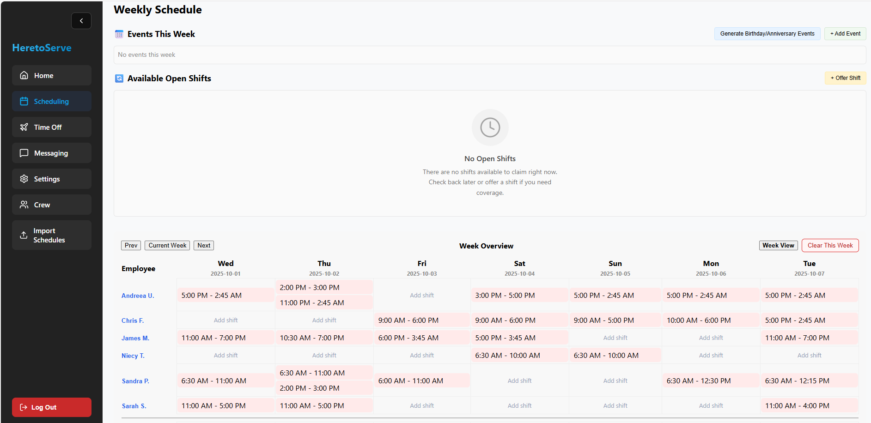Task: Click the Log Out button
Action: click(x=51, y=407)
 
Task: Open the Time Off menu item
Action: click(x=51, y=127)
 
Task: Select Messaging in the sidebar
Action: click(x=51, y=153)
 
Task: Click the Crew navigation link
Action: click(x=51, y=205)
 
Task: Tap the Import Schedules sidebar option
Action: click(x=51, y=235)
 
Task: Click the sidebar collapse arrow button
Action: click(x=81, y=21)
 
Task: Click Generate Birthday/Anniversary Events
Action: click(x=767, y=34)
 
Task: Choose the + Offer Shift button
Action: click(x=845, y=78)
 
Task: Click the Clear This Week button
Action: click(x=830, y=246)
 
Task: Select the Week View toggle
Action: click(x=778, y=246)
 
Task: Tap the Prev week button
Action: click(x=131, y=246)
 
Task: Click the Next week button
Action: click(x=204, y=246)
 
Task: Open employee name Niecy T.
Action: click(x=133, y=356)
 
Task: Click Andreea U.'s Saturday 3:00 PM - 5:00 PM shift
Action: click(x=519, y=296)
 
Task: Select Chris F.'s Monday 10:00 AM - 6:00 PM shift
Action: click(x=711, y=320)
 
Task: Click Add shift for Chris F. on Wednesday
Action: click(x=225, y=320)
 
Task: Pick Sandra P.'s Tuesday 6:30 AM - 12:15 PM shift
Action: click(x=809, y=381)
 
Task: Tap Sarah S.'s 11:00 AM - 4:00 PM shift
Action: click(x=809, y=406)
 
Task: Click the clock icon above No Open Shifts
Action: click(x=490, y=127)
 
